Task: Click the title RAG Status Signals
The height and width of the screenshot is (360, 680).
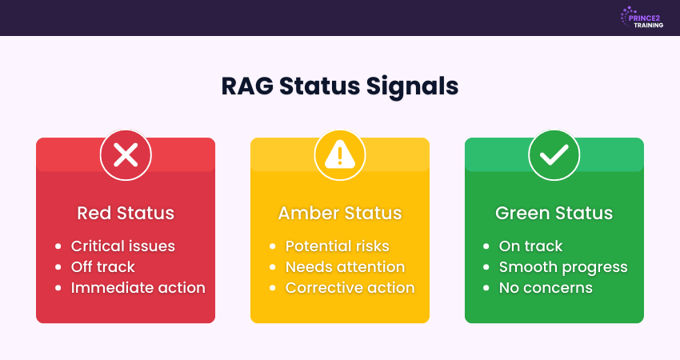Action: coord(340,86)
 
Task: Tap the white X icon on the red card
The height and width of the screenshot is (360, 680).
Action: coord(126,154)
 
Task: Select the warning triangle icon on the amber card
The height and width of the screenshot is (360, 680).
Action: coord(340,154)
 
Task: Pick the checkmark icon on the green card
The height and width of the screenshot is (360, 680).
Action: coord(554,154)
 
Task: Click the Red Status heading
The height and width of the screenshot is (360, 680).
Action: coord(126,214)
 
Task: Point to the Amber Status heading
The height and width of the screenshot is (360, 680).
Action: coord(340,214)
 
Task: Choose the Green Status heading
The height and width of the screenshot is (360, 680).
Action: coord(554,214)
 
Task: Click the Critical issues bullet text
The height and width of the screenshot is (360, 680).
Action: coord(122,246)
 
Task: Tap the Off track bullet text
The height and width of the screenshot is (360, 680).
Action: coord(102,267)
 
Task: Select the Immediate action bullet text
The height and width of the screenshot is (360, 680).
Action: coord(138,288)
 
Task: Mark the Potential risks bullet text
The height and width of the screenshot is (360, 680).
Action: coord(337,246)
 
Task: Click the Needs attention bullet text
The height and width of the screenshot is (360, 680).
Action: coord(345,267)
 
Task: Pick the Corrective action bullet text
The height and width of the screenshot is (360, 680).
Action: coord(350,288)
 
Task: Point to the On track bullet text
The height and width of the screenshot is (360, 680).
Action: coord(530,246)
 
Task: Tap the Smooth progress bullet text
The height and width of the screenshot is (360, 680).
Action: coord(563,267)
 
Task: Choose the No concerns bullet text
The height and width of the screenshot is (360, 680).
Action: coord(546,288)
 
